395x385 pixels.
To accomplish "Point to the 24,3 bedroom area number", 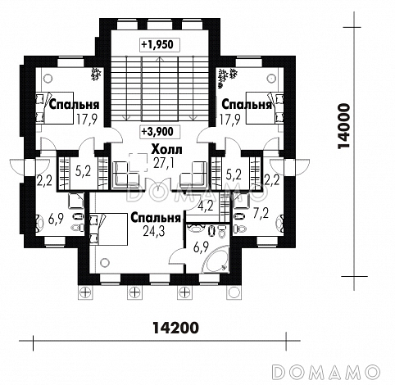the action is click(x=154, y=231).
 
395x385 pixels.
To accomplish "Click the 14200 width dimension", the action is click(x=175, y=328).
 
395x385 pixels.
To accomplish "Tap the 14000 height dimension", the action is click(x=343, y=126).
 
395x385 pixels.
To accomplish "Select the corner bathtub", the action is click(x=216, y=260).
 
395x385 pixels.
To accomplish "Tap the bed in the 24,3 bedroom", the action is click(x=109, y=229).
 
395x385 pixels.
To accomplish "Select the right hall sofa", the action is click(x=193, y=174).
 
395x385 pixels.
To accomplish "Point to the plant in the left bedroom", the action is click(x=97, y=74).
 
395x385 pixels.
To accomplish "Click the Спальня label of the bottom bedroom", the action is click(x=156, y=218).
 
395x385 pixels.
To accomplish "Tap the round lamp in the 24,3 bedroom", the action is click(x=104, y=263).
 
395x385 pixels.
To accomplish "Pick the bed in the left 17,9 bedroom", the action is click(x=55, y=108).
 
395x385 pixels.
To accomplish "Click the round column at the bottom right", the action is click(x=233, y=293).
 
